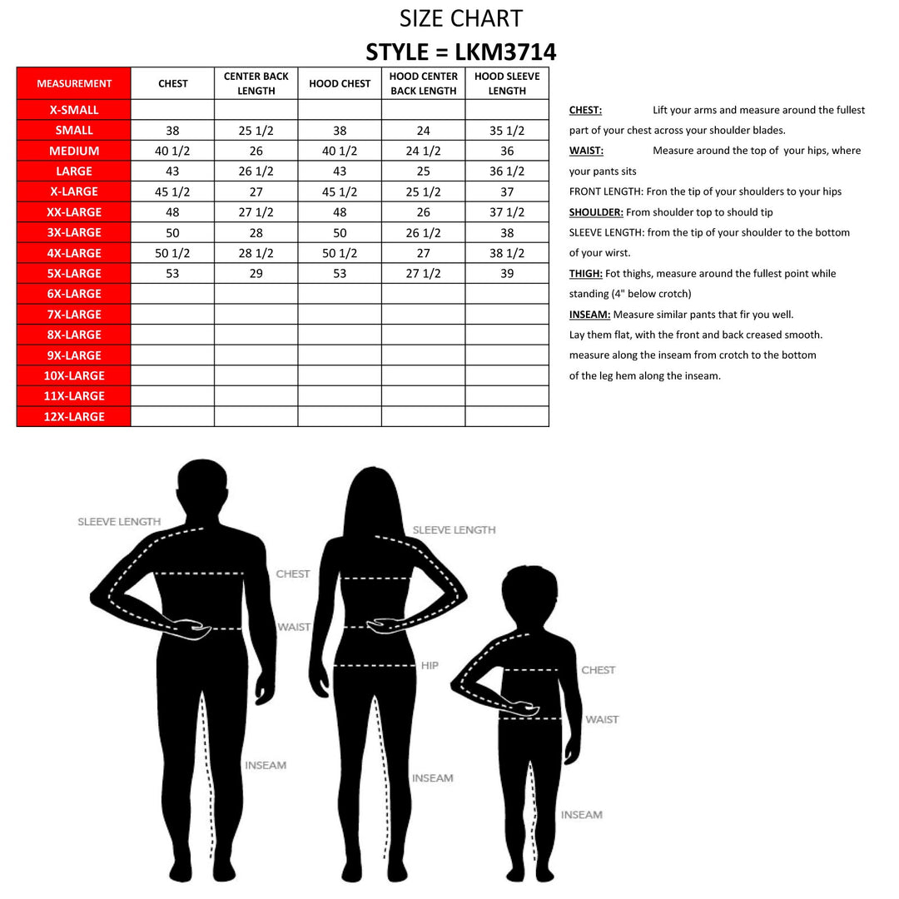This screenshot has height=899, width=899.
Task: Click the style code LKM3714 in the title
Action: [x=506, y=52]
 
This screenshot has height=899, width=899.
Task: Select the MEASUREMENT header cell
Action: [x=74, y=83]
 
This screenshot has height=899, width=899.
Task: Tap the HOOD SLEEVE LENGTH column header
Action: [x=507, y=83]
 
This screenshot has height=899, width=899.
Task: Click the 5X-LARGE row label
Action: [x=74, y=273]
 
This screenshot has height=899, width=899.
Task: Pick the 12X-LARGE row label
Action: [x=74, y=416]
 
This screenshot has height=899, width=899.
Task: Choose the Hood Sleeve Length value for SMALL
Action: [x=507, y=131]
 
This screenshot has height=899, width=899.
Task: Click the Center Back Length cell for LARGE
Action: [x=256, y=171]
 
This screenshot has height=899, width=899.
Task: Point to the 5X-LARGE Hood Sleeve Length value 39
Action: [x=507, y=273]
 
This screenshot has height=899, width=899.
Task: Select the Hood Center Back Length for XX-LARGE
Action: [x=423, y=212]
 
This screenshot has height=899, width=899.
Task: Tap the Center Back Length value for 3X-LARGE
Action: [x=256, y=232]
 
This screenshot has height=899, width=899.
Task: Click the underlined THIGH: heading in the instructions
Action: [x=586, y=274]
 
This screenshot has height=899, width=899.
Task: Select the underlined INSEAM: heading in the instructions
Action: [x=590, y=315]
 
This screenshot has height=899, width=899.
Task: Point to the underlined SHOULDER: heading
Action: [x=596, y=212]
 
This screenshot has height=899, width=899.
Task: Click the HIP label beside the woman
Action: [x=430, y=666]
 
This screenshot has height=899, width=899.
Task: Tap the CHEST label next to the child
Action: [x=598, y=670]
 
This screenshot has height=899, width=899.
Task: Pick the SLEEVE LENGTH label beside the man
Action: [x=119, y=522]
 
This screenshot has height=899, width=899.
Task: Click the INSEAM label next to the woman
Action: [x=432, y=778]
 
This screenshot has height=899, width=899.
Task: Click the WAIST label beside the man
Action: [x=293, y=627]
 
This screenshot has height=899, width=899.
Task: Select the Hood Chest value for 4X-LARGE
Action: [x=340, y=253]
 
